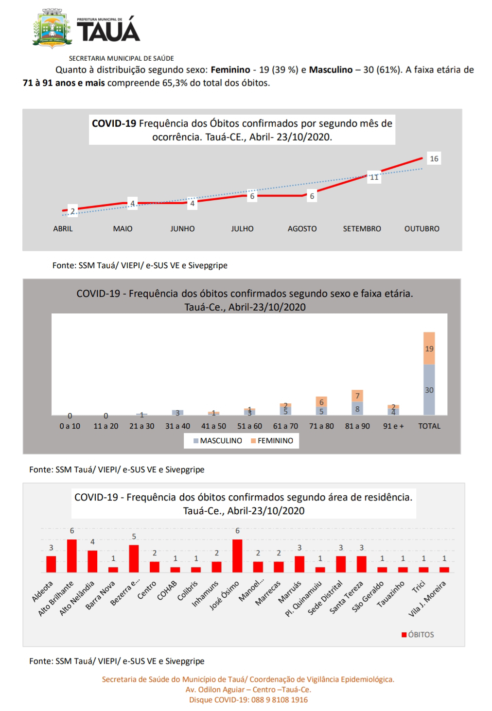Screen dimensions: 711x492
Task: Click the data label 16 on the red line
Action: pos(434,158)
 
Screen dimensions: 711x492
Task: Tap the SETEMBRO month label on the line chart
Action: pos(362,229)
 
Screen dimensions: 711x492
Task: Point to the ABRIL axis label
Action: pos(63,229)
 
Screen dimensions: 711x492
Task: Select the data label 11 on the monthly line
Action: pos(374,177)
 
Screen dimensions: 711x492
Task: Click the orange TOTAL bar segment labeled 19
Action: pos(429,348)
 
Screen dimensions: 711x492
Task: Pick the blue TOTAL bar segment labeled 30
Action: pos(429,390)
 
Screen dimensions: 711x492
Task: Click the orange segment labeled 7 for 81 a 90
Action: pos(357,396)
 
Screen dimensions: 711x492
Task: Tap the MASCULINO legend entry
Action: pos(217,441)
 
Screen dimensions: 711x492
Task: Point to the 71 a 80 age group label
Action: pos(321,426)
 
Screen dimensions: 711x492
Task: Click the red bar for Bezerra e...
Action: pos(134,558)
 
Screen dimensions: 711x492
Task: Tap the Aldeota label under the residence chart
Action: pos(43,591)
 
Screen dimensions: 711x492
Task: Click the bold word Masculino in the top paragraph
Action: pos(331,70)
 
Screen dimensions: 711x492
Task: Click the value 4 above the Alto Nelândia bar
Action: pos(92,542)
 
